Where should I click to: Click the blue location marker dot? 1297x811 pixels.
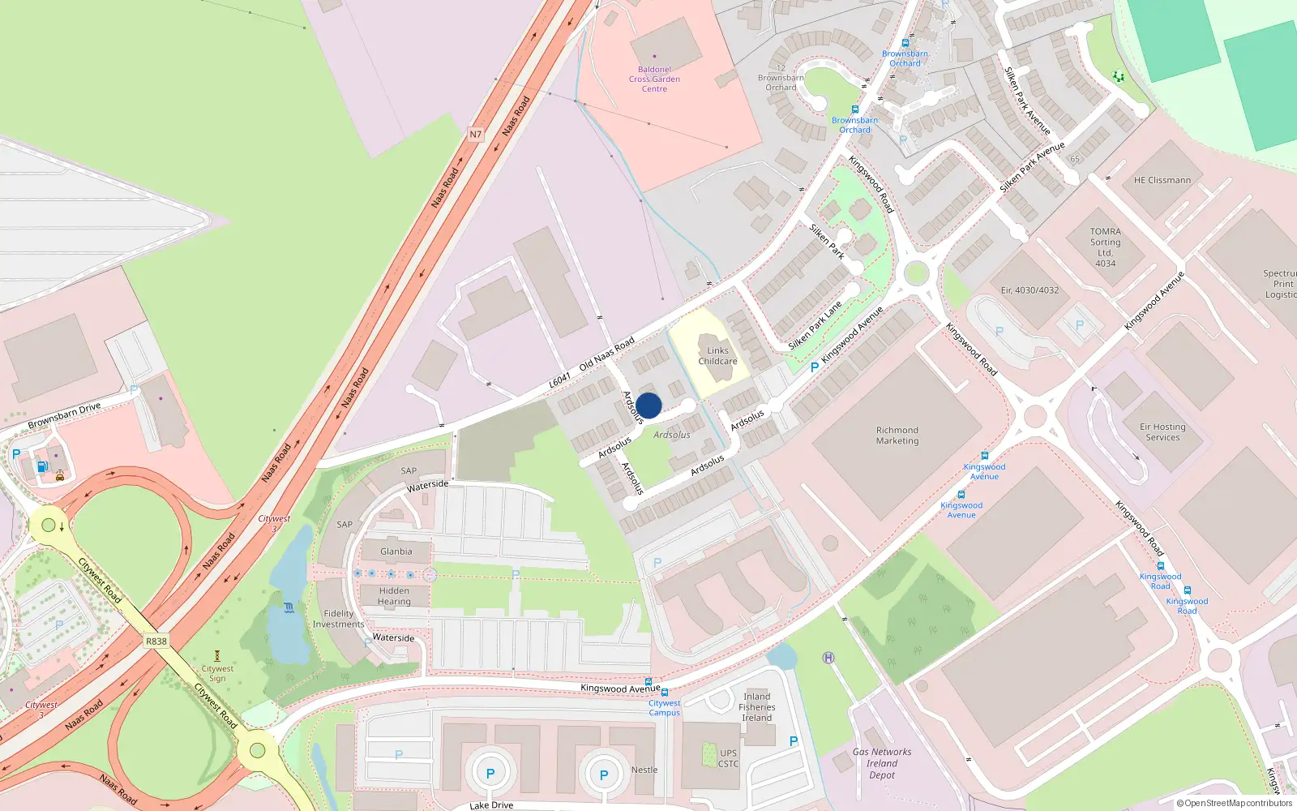(648, 405)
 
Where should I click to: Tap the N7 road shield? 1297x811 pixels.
(475, 135)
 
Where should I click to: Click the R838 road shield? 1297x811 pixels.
(156, 642)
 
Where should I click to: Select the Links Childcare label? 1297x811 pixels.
(717, 356)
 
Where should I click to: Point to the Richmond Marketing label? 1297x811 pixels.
(897, 436)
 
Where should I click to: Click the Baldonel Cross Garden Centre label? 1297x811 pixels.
(654, 79)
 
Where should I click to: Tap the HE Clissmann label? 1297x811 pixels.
(1162, 180)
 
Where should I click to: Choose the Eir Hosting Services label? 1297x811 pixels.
(1162, 432)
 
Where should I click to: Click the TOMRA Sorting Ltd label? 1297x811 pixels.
(1106, 247)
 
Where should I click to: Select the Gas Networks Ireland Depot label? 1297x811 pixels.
(882, 763)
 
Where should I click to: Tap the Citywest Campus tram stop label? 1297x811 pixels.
(664, 708)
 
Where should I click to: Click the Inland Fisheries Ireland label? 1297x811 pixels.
(757, 707)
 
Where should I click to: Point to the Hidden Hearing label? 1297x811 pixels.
(394, 596)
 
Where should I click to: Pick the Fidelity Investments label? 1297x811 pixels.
(339, 619)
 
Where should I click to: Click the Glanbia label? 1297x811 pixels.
(396, 551)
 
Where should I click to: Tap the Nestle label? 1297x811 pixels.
(644, 770)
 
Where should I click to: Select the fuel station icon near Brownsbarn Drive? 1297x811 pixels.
(42, 466)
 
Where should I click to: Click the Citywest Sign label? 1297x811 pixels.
(217, 673)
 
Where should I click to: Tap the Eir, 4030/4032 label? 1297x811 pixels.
(1029, 290)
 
